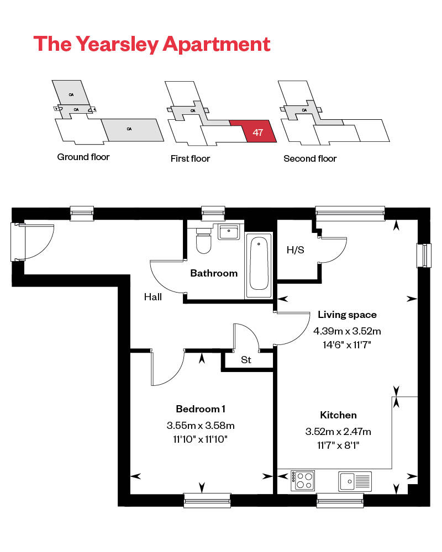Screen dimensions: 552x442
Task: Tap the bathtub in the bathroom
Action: pyautogui.click(x=259, y=263)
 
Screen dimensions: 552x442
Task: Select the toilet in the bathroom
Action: pyautogui.click(x=204, y=241)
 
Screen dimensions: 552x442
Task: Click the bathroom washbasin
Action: pyautogui.click(x=228, y=231)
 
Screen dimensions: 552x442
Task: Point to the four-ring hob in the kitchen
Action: pyautogui.click(x=302, y=480)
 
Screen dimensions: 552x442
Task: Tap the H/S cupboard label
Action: pyautogui.click(x=295, y=250)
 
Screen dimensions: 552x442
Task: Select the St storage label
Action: pyautogui.click(x=246, y=360)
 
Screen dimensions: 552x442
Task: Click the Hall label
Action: pyautogui.click(x=153, y=297)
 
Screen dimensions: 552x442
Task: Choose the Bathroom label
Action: pyautogui.click(x=214, y=273)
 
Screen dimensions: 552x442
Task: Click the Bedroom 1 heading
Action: pyautogui.click(x=201, y=409)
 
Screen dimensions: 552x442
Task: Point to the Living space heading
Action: pyautogui.click(x=347, y=315)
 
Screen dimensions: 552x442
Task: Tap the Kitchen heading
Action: pyautogui.click(x=338, y=415)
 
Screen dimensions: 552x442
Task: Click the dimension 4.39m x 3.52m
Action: pyautogui.click(x=347, y=331)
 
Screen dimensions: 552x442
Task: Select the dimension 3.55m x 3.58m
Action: pyautogui.click(x=201, y=426)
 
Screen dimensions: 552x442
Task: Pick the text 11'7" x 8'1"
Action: pyautogui.click(x=338, y=444)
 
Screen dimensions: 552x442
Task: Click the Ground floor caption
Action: pyautogui.click(x=83, y=157)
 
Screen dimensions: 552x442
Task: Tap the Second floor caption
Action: pyautogui.click(x=310, y=158)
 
